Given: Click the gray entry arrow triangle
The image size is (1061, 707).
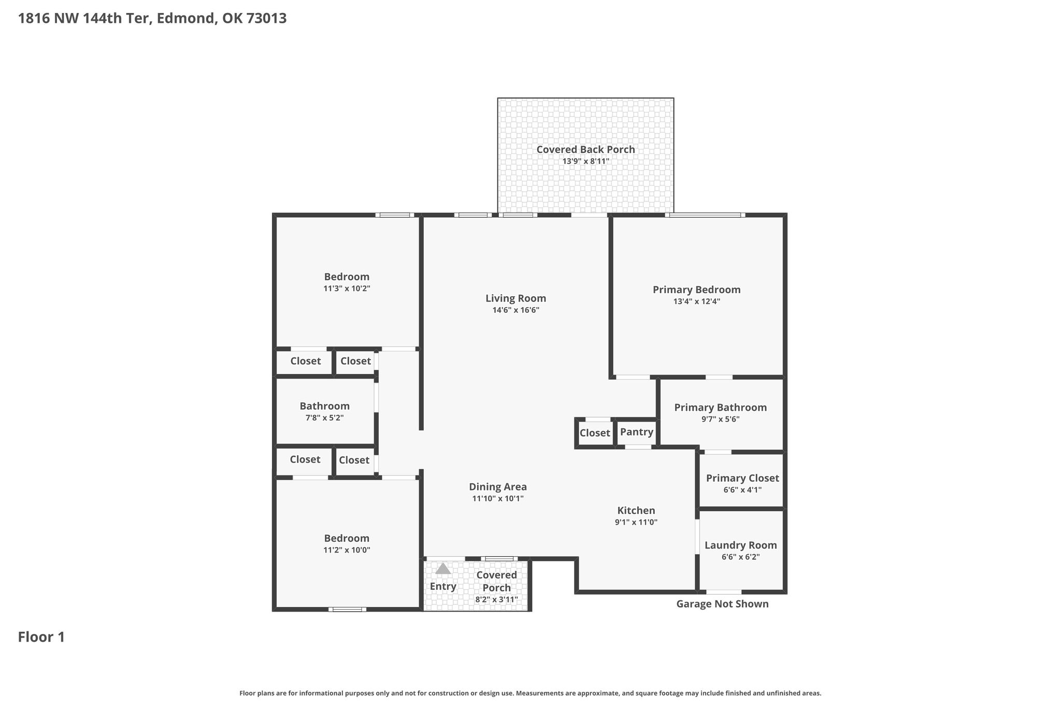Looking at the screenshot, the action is (x=443, y=569).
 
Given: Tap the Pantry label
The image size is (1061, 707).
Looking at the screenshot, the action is (x=637, y=431).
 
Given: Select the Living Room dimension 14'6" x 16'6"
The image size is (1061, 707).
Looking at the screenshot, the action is (x=516, y=310).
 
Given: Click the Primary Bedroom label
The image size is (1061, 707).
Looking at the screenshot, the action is (x=697, y=290).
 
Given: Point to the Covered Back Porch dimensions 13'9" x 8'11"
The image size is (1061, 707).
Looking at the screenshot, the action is (x=586, y=161).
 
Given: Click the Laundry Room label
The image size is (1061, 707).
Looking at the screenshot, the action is (x=741, y=545).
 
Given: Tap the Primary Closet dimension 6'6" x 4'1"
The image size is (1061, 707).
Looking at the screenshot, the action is (x=742, y=489).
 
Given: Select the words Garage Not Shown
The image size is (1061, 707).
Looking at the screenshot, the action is (x=723, y=603).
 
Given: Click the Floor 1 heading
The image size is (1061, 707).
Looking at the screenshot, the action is (x=41, y=637).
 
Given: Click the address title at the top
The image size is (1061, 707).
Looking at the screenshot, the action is (x=152, y=19).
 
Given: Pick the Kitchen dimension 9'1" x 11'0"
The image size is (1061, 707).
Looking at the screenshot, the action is (x=636, y=522).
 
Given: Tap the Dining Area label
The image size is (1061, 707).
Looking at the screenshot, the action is (x=498, y=486).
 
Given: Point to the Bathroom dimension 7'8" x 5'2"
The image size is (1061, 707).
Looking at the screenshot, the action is (x=325, y=417).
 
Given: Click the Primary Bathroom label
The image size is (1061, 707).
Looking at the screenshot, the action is (x=721, y=407).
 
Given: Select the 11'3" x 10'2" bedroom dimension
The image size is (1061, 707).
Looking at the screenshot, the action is (x=347, y=288).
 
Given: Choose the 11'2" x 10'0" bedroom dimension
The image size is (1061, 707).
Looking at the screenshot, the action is (x=347, y=550).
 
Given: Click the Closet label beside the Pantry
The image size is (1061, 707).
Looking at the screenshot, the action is (x=595, y=432).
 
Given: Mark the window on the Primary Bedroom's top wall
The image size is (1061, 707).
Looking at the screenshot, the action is (x=705, y=215).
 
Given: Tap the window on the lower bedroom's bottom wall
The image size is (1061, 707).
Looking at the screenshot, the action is (x=347, y=609).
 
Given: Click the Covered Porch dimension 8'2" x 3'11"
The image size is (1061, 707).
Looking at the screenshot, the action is (x=497, y=600).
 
